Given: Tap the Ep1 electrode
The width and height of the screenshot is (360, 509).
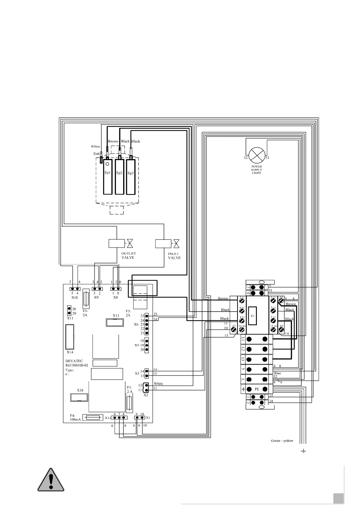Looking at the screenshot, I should (x=107, y=177).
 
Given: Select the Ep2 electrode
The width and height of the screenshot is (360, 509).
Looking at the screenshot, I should (x=119, y=177).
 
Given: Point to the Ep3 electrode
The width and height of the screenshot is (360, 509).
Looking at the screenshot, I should (x=130, y=177).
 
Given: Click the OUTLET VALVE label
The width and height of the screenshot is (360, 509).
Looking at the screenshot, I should (x=128, y=255).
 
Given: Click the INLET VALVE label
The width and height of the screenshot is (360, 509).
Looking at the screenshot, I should (x=174, y=256).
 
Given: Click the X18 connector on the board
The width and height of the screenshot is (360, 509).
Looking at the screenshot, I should (x=79, y=397).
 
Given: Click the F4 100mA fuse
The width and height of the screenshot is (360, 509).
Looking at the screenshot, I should (x=91, y=417).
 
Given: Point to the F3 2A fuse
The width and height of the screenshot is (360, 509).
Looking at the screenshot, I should (x=86, y=298).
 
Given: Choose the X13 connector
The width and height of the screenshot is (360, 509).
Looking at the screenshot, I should (x=115, y=322).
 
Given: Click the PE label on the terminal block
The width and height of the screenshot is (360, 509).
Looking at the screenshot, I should (x=257, y=389).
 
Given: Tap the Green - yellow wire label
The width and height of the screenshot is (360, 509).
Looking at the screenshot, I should (x=282, y=441).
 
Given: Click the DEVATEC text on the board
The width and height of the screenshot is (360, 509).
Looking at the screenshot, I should (x=74, y=361).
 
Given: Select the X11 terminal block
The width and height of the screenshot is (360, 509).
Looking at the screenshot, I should (x=69, y=311).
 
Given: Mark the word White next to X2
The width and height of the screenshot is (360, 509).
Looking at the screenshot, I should (x=158, y=384).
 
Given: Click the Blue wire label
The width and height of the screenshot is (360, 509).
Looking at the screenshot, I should (x=277, y=373).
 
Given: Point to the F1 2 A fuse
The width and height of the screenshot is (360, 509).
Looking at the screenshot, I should (x=129, y=403).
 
